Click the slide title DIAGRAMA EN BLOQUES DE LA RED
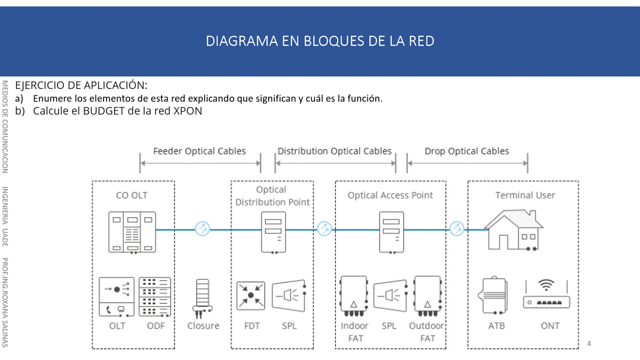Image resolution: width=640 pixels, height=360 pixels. (320, 41)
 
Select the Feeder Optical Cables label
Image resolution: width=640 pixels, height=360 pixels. (199, 151)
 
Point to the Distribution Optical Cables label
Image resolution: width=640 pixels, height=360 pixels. (334, 151)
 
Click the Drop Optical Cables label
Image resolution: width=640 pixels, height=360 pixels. (466, 151)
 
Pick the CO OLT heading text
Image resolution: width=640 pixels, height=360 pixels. (132, 195)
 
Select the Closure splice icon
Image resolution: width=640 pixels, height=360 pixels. (202, 298)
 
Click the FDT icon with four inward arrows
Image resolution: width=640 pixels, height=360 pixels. (251, 295)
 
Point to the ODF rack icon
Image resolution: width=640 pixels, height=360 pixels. (154, 297)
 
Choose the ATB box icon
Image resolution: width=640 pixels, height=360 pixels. (496, 297)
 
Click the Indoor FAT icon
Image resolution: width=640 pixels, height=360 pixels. (354, 296)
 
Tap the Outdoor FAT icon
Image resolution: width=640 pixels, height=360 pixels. (427, 296)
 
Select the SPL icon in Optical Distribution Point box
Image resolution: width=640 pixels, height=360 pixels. (289, 296)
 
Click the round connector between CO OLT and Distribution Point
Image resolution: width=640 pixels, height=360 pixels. (203, 229)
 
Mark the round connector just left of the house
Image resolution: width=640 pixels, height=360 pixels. (457, 229)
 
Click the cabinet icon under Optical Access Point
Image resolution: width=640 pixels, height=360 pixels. (391, 232)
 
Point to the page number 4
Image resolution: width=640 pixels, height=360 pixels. (589, 343)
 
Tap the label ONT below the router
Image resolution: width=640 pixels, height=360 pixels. (550, 326)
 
